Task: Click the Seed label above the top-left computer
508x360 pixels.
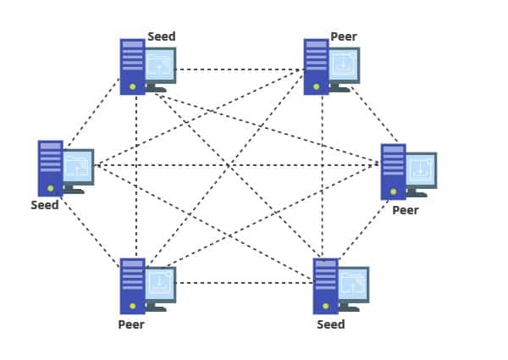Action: click(x=161, y=36)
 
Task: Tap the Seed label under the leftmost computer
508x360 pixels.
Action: click(x=45, y=205)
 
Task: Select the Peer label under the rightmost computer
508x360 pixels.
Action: click(x=405, y=209)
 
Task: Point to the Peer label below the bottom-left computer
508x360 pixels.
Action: click(x=131, y=324)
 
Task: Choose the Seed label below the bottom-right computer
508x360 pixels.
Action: click(x=330, y=324)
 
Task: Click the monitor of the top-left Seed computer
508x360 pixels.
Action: click(x=160, y=65)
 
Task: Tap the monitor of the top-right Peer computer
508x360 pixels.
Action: click(x=344, y=65)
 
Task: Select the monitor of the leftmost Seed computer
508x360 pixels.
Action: click(x=78, y=167)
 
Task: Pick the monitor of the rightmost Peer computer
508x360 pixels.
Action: click(x=421, y=170)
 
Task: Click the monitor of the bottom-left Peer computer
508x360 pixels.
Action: click(x=160, y=284)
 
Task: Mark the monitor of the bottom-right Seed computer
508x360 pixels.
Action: click(x=353, y=285)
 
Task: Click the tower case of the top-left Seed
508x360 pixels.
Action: click(x=132, y=66)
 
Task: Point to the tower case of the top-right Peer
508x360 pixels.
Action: click(x=317, y=66)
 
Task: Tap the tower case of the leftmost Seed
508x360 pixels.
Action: click(x=50, y=168)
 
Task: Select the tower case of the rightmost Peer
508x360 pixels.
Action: click(x=393, y=171)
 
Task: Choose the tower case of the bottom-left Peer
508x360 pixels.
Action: click(x=132, y=285)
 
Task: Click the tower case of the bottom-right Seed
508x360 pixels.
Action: click(x=326, y=285)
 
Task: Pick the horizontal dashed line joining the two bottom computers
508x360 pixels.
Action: click(x=246, y=283)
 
